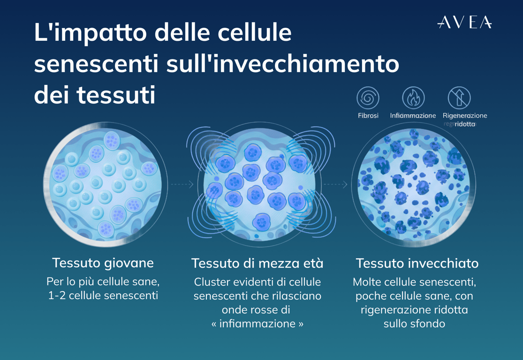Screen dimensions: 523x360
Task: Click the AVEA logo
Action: (464, 22)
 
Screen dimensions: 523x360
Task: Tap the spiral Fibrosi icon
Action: (368, 98)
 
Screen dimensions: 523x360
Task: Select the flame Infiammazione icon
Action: (413, 98)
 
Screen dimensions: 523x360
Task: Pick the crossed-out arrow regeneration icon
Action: (459, 98)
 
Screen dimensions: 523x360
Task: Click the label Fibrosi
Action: (368, 116)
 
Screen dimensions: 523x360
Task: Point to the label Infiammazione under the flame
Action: (413, 116)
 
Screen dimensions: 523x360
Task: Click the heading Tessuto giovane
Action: (103, 263)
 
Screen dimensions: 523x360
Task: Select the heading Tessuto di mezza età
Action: (257, 263)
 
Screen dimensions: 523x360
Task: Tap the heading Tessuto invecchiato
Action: (417, 263)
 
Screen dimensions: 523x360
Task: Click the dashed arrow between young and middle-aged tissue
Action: (182, 184)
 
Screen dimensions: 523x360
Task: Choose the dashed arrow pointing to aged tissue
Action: (336, 184)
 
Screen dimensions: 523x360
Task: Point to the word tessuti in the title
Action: (116, 95)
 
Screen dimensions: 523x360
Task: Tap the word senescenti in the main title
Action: (96, 64)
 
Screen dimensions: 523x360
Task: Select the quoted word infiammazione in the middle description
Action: (257, 323)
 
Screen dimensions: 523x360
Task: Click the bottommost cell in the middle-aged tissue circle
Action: (262, 222)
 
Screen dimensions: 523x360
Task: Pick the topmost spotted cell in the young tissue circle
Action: (112, 140)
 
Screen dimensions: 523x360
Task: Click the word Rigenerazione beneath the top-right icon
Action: (465, 116)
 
